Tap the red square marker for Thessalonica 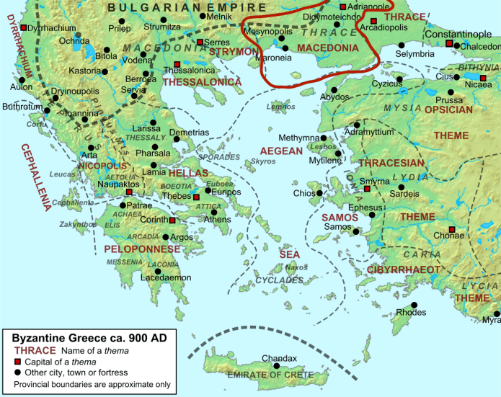pos(177,65)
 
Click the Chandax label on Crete pos(279,358)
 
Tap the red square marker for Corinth pos(172,220)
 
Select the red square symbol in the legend pos(17,362)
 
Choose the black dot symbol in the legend pos(17,373)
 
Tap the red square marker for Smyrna pos(367,189)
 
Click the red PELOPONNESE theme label pos(142,249)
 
